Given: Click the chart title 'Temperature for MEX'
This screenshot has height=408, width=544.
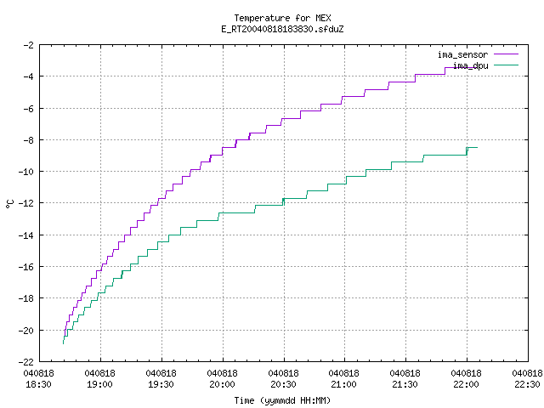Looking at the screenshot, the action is coord(282,18).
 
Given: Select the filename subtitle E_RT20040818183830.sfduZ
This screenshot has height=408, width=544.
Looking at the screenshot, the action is coord(282,29).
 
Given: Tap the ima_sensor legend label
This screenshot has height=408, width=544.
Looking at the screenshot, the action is coord(462,54).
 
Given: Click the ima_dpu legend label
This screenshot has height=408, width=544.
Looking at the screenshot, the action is coord(470,65).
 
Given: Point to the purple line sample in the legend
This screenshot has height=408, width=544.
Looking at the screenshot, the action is coord(507,54).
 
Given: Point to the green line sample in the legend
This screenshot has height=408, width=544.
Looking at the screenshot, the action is coord(507,65).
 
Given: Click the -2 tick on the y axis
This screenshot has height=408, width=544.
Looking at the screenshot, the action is coord(28,45).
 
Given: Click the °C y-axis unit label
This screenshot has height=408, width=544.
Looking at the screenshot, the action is coord(10,204).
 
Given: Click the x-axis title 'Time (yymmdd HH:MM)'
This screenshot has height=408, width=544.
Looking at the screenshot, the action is coord(282,400).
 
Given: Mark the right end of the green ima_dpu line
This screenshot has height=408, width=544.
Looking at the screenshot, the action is coord(478,147).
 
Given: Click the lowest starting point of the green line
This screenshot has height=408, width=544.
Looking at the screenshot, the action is coord(63,343).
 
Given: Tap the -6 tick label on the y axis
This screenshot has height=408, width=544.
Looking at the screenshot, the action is coord(28,109).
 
